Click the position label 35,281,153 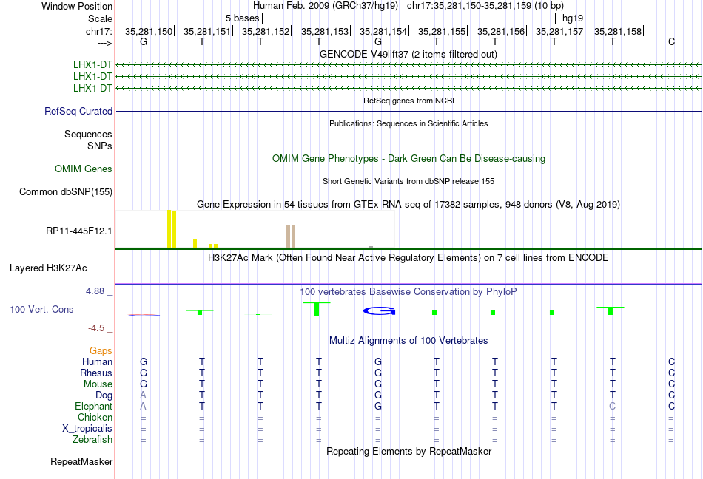[325, 31]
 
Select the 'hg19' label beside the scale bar [573, 18]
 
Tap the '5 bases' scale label [242, 18]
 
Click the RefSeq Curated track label [78, 111]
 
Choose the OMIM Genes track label [84, 169]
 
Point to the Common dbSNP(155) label [66, 191]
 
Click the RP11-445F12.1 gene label [79, 231]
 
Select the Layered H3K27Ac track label [48, 268]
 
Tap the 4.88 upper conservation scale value [95, 291]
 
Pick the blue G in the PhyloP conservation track [380, 310]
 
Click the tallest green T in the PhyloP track [317, 308]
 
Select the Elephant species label [94, 406]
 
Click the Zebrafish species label [92, 439]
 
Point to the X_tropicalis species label [87, 429]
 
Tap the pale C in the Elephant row [613, 406]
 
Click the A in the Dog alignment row [143, 395]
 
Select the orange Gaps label [101, 350]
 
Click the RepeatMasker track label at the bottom [81, 461]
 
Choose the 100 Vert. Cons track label [41, 309]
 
